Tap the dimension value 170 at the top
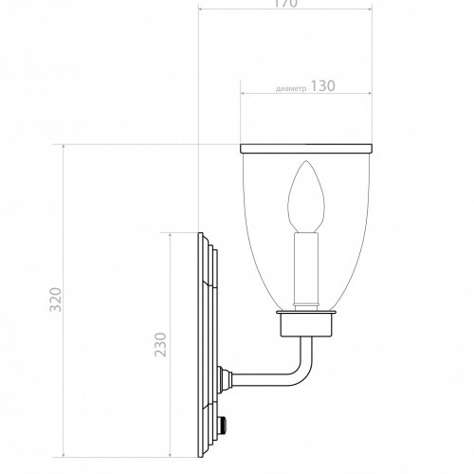285,5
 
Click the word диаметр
291,87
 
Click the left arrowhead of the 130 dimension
244,94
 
